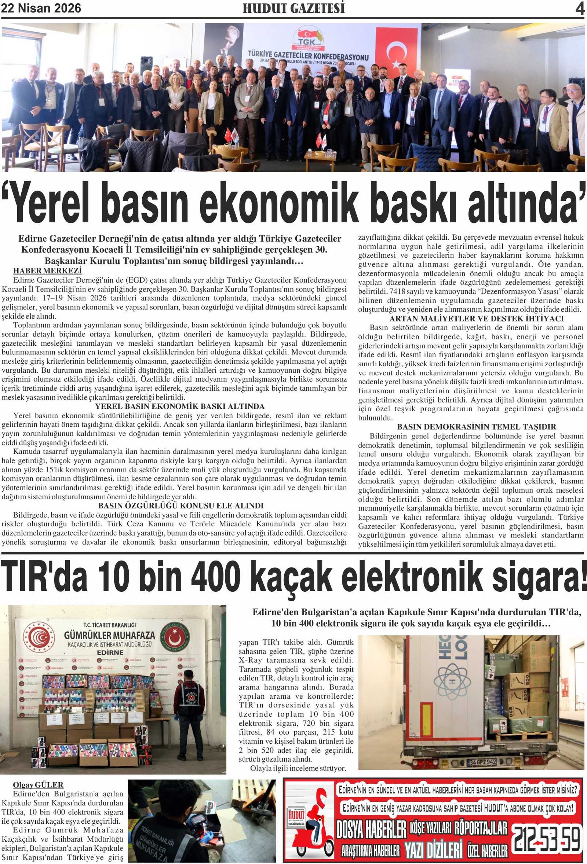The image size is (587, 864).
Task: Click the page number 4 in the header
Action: click(x=580, y=8)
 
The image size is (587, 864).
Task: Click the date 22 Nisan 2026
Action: click(x=41, y=8)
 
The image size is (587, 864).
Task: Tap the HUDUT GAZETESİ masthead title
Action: click(x=293, y=8)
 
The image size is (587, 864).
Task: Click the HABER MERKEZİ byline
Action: click(x=47, y=271)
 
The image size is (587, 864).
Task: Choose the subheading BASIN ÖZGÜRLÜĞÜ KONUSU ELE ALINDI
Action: click(x=181, y=505)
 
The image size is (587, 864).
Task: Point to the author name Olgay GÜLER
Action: click(x=38, y=785)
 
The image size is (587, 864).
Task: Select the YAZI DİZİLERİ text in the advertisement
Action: click(x=433, y=850)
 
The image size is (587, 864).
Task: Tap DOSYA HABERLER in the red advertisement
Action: click(x=371, y=830)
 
